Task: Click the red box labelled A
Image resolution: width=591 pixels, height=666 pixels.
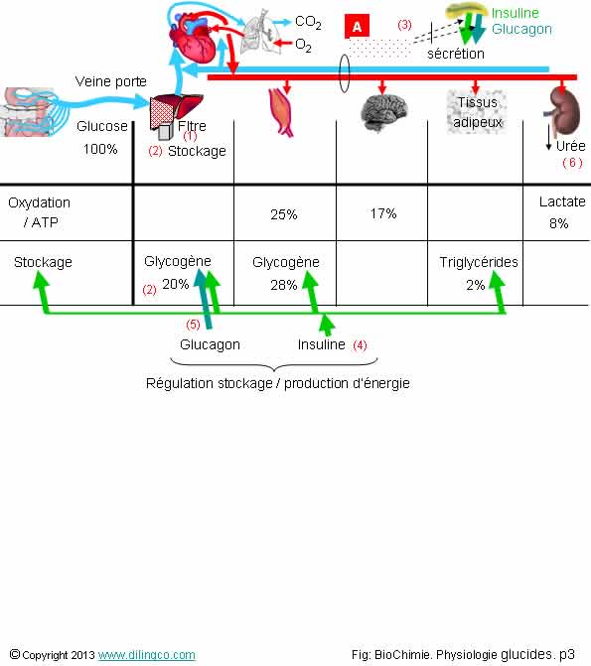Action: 357,27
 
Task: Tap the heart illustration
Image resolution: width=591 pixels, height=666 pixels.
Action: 195,39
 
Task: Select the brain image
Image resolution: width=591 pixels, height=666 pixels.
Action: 383,113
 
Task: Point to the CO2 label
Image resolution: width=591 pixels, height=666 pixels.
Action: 308,22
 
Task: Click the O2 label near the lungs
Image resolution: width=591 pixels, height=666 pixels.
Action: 303,45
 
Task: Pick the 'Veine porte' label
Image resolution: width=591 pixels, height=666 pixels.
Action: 110,81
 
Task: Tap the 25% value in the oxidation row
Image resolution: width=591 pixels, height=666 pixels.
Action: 284,214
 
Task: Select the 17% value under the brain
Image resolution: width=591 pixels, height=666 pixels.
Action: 383,213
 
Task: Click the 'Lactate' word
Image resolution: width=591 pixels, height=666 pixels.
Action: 562,201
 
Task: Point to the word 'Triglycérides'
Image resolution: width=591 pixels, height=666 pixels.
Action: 479,262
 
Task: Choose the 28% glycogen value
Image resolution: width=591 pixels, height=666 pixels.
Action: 284,285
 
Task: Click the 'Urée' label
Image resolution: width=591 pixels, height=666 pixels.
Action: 570,146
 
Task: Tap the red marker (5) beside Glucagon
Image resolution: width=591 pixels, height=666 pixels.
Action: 193,325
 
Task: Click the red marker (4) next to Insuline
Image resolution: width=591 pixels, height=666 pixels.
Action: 360,344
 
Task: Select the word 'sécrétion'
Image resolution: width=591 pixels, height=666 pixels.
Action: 456,54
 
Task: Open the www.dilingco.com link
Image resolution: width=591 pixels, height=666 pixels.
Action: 147,654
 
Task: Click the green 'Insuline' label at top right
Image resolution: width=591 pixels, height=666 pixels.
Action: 515,13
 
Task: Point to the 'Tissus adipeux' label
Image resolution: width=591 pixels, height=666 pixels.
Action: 478,112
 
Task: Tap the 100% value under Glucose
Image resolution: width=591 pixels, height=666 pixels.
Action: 100,149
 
